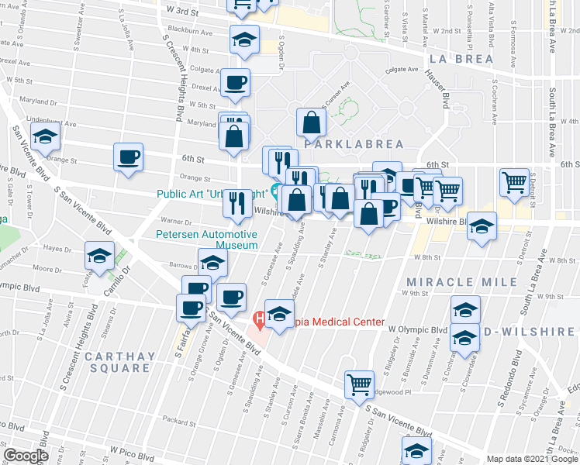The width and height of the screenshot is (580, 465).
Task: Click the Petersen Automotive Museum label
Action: pos(206,239)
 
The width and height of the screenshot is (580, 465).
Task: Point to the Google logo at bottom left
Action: pos(26,455)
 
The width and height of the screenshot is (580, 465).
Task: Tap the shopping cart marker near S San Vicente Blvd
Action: pos(359,384)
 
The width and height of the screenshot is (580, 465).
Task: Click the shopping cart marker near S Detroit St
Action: pos(514,182)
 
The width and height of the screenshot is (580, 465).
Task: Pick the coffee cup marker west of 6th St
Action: pos(128,157)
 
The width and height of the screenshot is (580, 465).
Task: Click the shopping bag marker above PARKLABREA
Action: pos(311,122)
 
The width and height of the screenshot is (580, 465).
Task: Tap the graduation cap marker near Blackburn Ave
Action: pos(245,40)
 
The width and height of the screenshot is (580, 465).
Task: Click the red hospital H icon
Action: pos(261,319)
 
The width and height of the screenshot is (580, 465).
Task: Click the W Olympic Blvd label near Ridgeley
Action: pos(419,329)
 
